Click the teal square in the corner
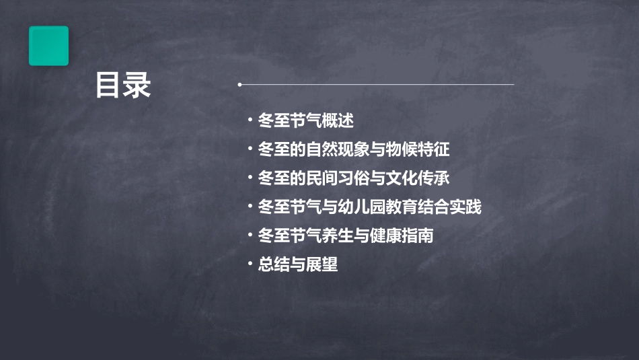click(x=48, y=46)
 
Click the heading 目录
click(x=123, y=85)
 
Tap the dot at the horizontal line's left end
click(x=239, y=85)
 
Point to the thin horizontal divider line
click(x=377, y=85)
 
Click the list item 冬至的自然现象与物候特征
click(x=353, y=149)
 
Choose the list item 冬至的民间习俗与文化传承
click(x=353, y=178)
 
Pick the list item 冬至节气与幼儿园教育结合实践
click(x=369, y=207)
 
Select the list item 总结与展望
click(x=297, y=265)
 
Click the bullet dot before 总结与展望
click(x=249, y=264)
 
